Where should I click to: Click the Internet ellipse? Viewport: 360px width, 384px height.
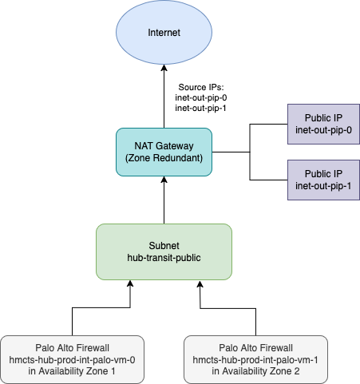(x=164, y=32)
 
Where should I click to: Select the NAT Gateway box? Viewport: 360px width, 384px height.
(x=164, y=152)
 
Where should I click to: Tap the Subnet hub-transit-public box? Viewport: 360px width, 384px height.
(x=164, y=251)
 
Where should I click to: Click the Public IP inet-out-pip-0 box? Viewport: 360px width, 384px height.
(x=323, y=124)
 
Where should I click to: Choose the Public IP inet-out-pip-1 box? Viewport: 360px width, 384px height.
(x=323, y=180)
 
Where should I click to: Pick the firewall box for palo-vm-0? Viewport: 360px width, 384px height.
(x=72, y=359)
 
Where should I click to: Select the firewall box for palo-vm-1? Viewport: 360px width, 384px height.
(x=255, y=359)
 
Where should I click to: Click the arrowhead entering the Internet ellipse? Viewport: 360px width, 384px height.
(x=164, y=68)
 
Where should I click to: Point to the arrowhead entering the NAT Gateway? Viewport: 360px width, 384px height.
(x=164, y=180)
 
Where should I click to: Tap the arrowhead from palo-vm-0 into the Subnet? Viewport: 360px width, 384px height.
(x=130, y=283)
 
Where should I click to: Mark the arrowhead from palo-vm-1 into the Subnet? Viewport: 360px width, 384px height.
(x=200, y=284)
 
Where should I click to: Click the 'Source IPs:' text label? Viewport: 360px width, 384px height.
(x=201, y=87)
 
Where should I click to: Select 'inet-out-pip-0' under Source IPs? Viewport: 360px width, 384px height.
(x=201, y=97)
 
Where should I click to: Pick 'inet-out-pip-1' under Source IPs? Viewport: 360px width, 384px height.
(x=200, y=108)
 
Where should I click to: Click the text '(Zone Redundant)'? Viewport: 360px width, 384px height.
(x=164, y=158)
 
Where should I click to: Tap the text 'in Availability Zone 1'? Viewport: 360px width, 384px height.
(x=72, y=371)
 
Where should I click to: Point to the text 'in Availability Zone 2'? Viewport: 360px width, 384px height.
(x=255, y=371)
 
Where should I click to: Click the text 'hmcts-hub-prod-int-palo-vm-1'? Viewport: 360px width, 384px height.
(x=255, y=360)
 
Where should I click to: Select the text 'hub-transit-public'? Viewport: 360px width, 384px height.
(x=164, y=258)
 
